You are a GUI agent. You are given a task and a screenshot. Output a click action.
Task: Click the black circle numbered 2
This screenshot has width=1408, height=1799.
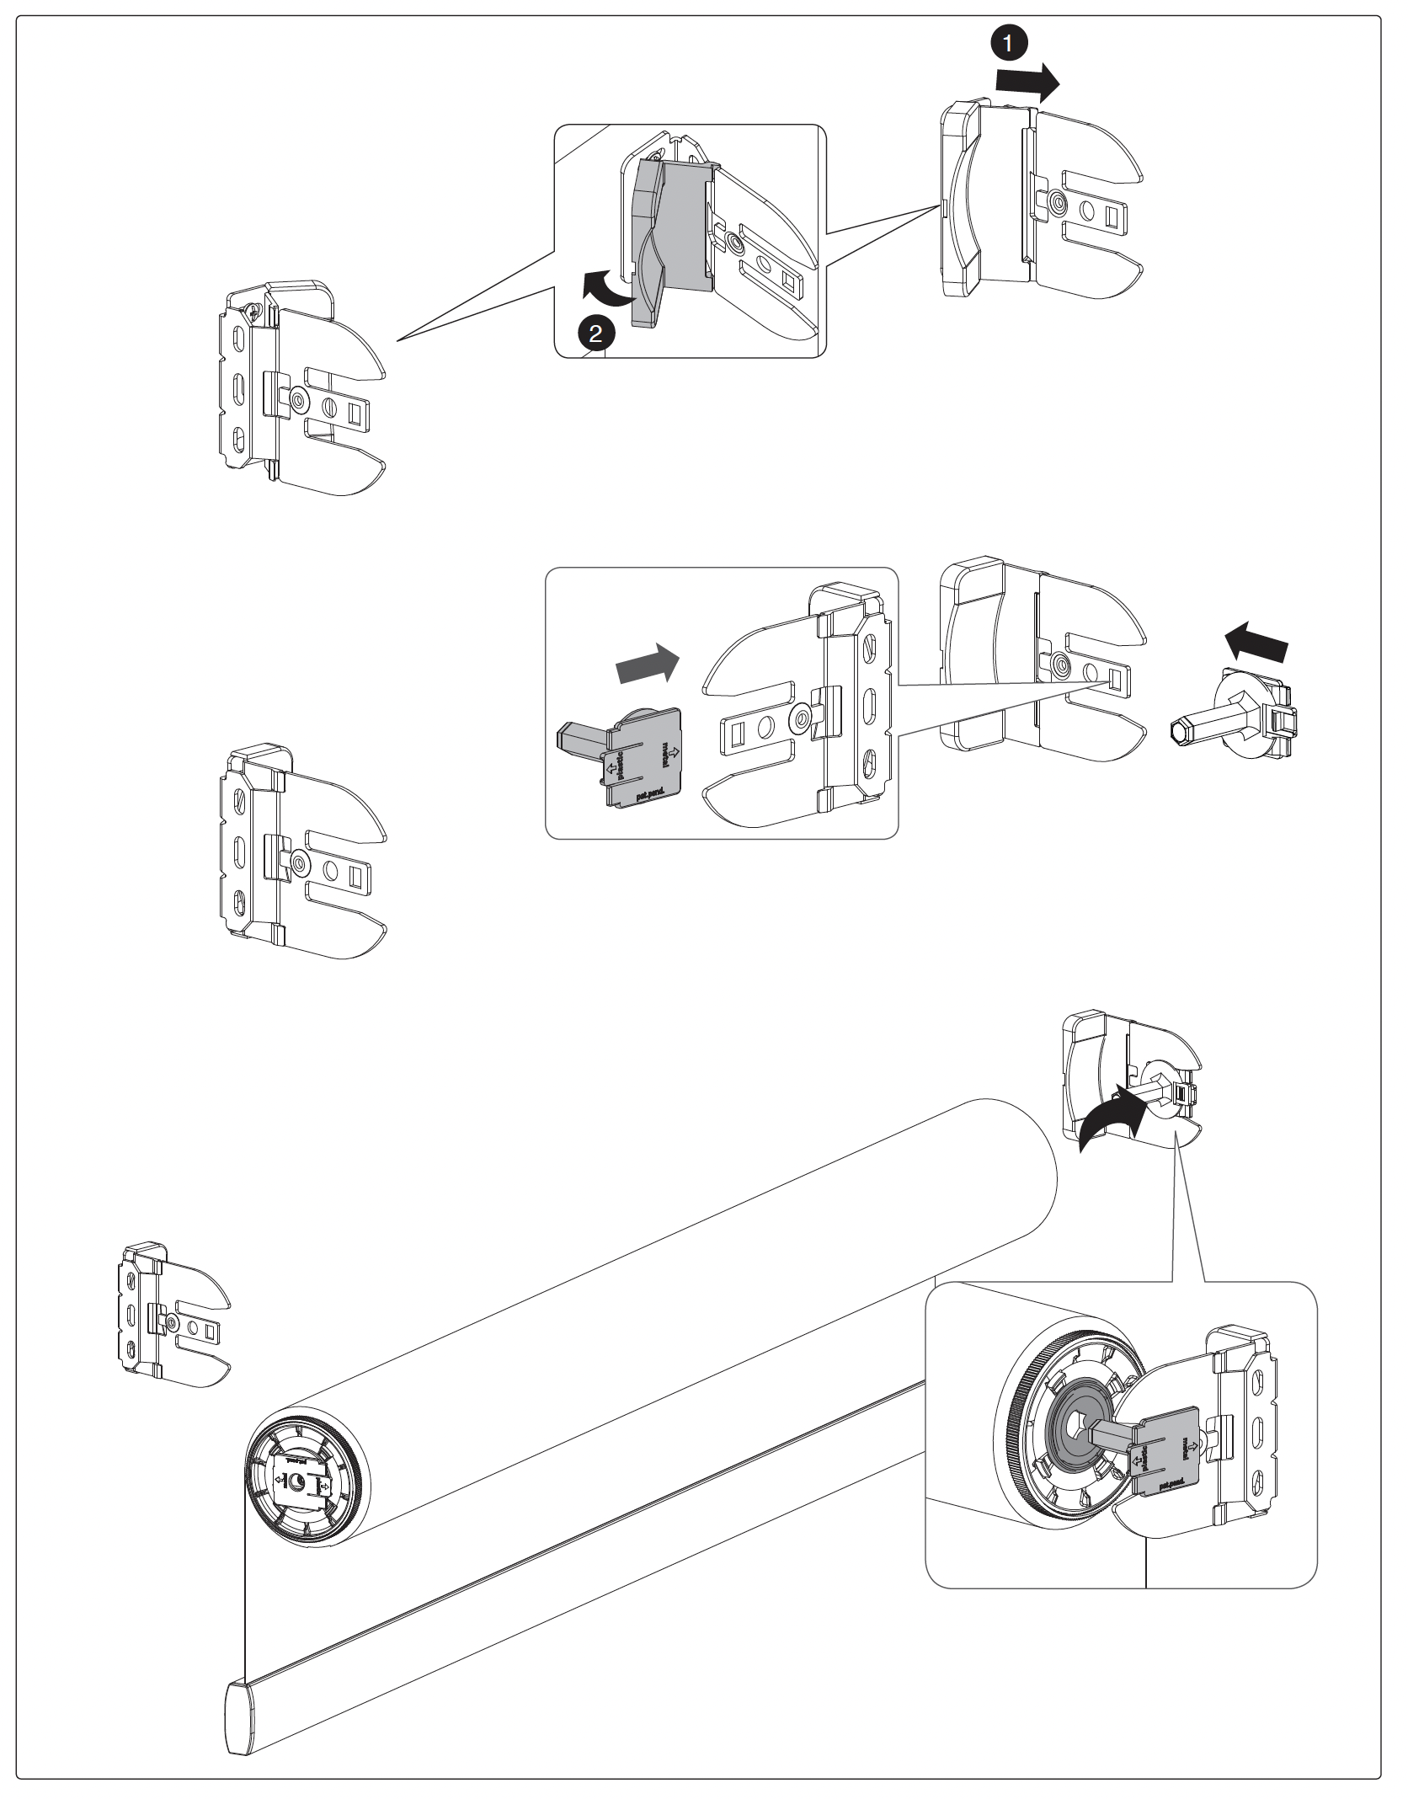click(595, 334)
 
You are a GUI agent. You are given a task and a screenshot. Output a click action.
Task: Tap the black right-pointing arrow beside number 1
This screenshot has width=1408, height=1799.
click(1027, 81)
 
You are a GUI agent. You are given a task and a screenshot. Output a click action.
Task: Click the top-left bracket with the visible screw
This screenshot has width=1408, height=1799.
click(299, 388)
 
